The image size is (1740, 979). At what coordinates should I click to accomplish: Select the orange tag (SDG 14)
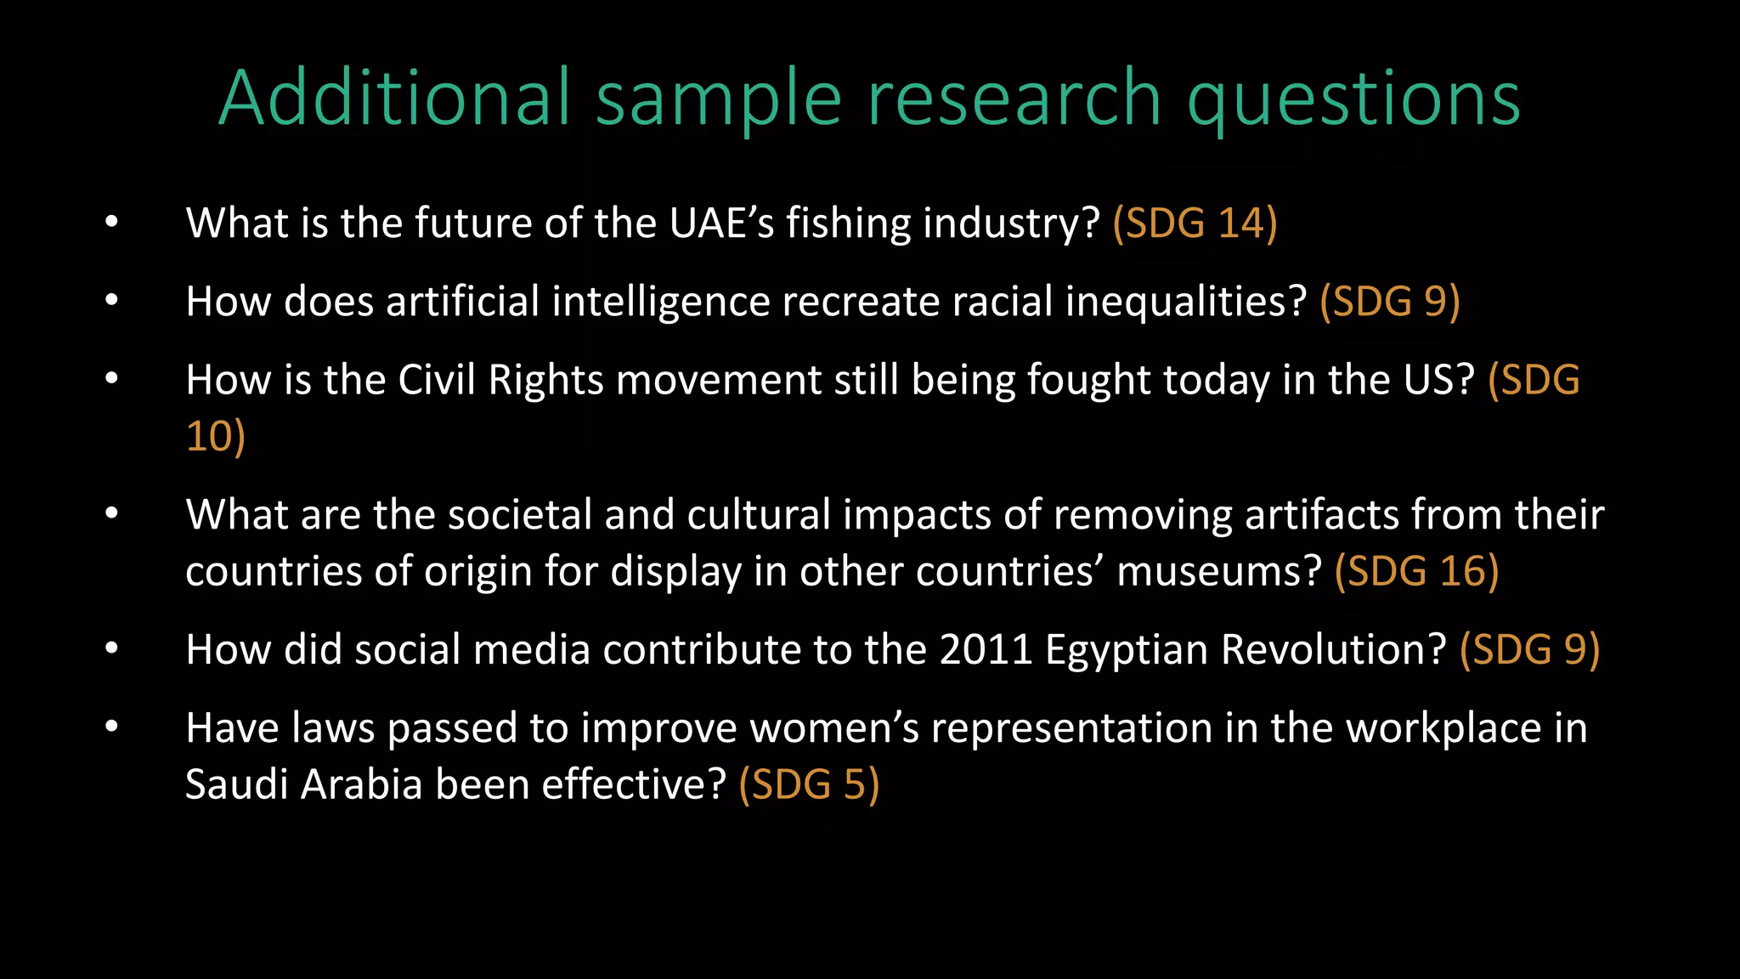pyautogui.click(x=1195, y=224)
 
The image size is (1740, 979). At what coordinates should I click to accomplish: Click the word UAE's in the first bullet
pyautogui.click(x=721, y=224)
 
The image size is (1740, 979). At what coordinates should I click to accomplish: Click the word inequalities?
pyautogui.click(x=1185, y=303)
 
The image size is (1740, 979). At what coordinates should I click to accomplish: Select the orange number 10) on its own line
pyautogui.click(x=215, y=437)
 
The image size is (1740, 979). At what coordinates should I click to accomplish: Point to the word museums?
pyautogui.click(x=1219, y=572)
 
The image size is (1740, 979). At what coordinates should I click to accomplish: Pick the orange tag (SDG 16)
pyautogui.click(x=1416, y=572)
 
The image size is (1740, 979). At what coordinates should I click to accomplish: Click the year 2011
pyautogui.click(x=986, y=650)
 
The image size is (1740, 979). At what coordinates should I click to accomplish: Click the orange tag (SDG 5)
pyautogui.click(x=809, y=784)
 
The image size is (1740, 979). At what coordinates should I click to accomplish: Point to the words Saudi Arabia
pyautogui.click(x=303, y=784)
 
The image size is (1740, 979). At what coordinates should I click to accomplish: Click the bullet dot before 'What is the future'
pyautogui.click(x=111, y=223)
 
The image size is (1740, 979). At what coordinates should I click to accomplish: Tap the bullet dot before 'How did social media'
pyautogui.click(x=111, y=649)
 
